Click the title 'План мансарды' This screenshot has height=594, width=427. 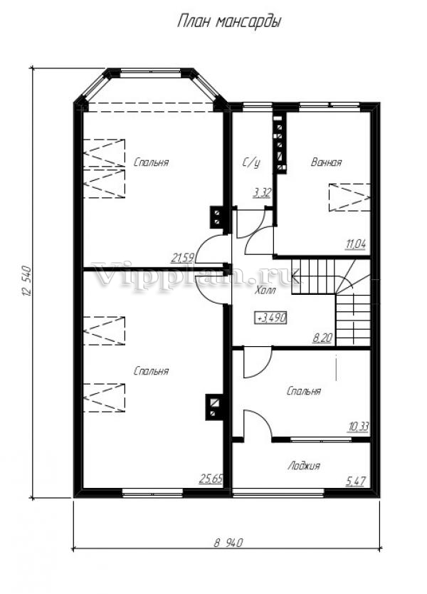(229, 22)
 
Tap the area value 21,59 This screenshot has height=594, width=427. (183, 259)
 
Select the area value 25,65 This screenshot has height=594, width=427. (211, 479)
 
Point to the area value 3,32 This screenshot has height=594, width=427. (262, 193)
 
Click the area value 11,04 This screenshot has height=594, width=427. (356, 244)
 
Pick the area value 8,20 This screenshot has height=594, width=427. (322, 338)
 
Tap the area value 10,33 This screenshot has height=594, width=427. (358, 427)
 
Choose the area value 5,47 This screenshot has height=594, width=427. (356, 481)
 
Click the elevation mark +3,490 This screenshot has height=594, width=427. (271, 318)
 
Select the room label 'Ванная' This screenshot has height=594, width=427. (327, 162)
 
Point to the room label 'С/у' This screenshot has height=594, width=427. (251, 163)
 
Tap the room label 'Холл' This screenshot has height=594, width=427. (265, 291)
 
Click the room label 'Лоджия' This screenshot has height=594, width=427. (304, 466)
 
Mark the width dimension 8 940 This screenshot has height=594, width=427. (228, 543)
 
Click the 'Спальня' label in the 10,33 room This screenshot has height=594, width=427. (304, 391)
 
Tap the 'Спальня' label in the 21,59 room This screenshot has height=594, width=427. (151, 162)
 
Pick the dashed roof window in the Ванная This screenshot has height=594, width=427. (349, 197)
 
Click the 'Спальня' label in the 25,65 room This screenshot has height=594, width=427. (151, 371)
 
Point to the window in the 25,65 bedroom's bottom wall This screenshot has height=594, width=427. (152, 492)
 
